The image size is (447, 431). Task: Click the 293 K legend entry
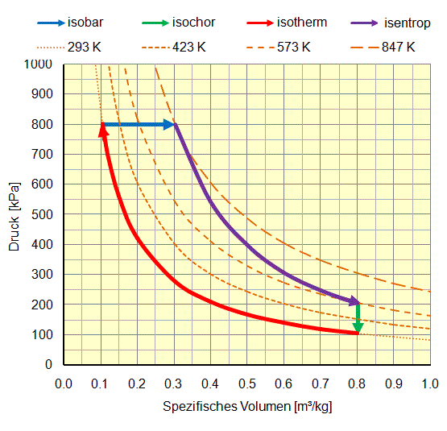click(x=85, y=48)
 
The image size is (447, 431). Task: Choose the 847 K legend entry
click(x=399, y=48)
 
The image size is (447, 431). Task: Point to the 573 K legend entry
click(x=294, y=48)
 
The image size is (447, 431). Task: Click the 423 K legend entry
click(x=189, y=48)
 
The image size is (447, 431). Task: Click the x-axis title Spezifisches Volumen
click(x=247, y=406)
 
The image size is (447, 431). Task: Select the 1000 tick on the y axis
click(x=39, y=64)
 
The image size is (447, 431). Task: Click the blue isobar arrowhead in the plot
click(x=170, y=124)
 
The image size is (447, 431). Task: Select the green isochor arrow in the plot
click(x=358, y=319)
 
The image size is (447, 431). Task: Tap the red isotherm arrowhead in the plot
click(x=102, y=130)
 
